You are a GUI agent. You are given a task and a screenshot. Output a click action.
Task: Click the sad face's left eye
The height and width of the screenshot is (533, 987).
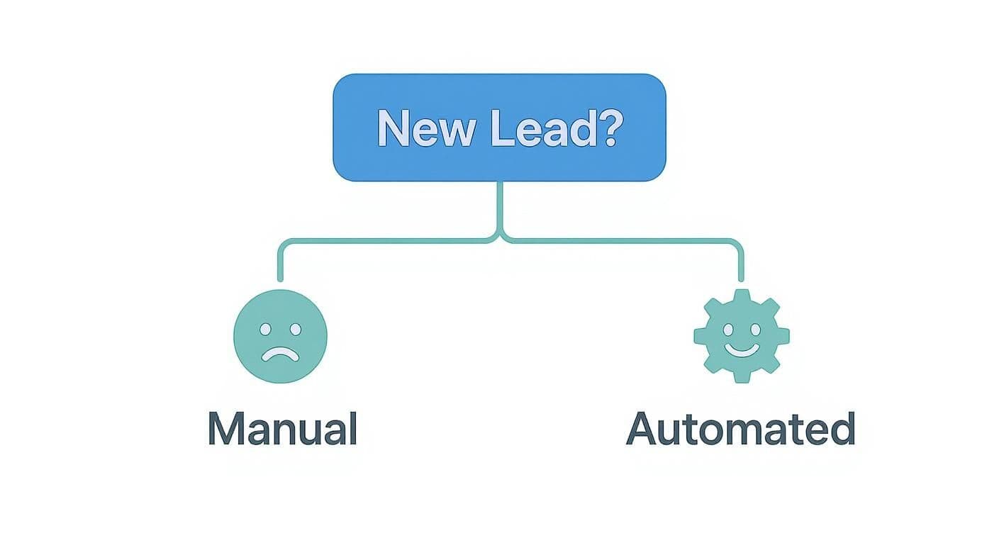tap(266, 330)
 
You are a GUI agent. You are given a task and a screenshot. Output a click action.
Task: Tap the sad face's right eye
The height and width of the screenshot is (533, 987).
tap(295, 330)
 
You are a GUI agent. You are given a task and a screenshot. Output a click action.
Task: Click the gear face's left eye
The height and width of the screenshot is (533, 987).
tap(728, 330)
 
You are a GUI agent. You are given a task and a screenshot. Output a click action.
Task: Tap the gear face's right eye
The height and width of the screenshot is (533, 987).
tap(754, 330)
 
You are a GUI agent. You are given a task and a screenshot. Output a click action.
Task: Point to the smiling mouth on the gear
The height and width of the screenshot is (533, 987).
tap(741, 349)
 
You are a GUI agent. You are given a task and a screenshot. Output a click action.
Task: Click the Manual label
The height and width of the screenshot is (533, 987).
tap(282, 429)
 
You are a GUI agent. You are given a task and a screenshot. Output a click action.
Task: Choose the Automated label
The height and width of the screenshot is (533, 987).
tap(741, 429)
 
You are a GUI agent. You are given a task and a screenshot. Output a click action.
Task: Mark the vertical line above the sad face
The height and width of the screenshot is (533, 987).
tap(280, 262)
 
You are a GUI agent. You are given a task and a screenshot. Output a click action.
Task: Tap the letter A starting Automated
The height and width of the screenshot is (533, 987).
tap(642, 429)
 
